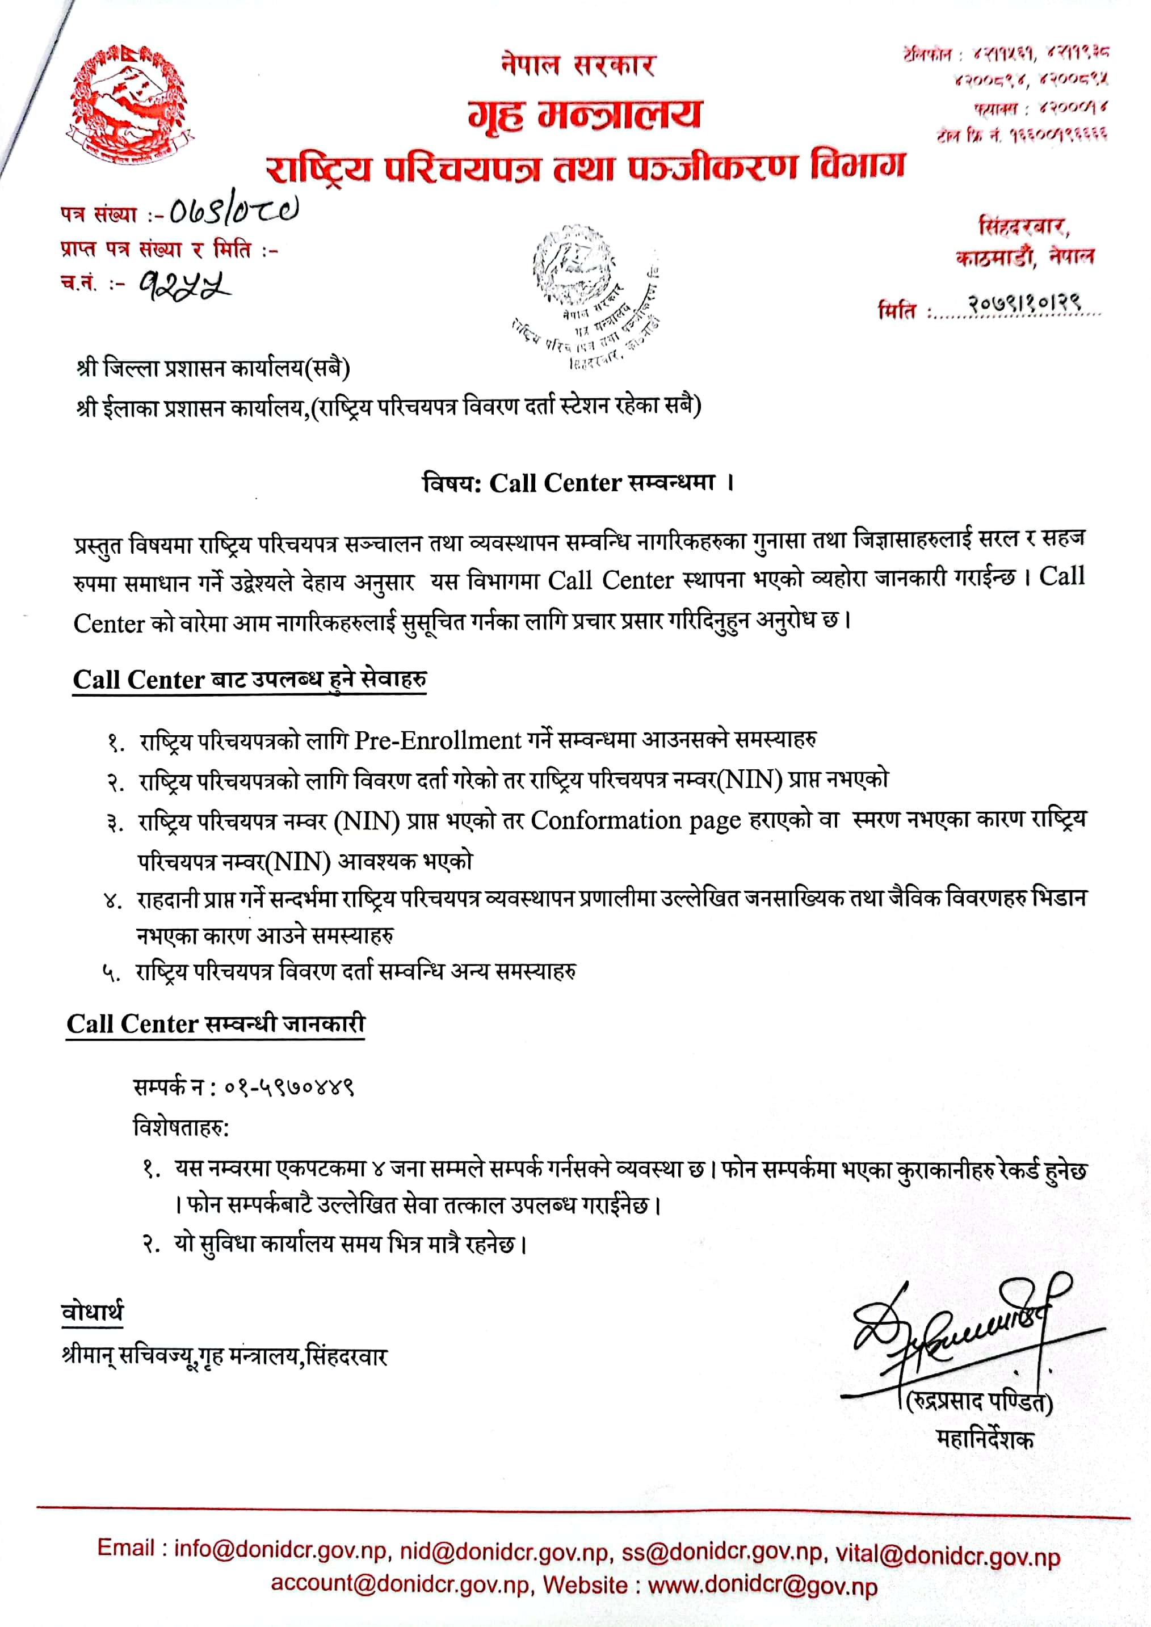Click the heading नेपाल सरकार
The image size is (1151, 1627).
coord(578,65)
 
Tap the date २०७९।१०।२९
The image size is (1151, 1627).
coord(1024,306)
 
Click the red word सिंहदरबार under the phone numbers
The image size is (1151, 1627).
coord(1023,227)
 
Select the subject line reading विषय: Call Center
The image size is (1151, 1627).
coord(578,483)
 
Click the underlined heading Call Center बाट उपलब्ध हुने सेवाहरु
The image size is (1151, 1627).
coord(250,680)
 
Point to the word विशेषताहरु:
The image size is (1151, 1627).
coord(182,1126)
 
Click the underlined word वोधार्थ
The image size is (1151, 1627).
coord(92,1312)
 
